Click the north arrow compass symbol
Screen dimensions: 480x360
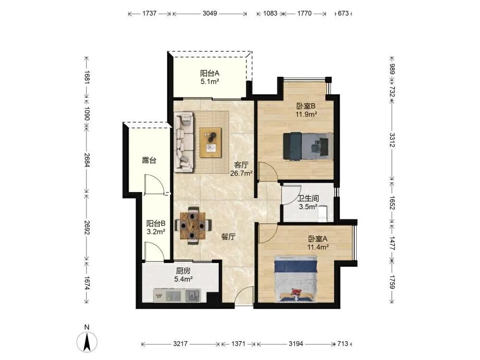(87, 341)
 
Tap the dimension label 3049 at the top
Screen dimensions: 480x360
(210, 13)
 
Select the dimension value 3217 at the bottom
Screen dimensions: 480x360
(180, 344)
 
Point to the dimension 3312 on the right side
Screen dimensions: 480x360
(392, 140)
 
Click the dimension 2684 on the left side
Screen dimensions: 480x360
(87, 160)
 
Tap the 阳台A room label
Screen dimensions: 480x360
(210, 73)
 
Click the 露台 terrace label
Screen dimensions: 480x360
(149, 160)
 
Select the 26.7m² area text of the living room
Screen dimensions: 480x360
(241, 173)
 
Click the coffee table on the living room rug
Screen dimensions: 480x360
(210, 143)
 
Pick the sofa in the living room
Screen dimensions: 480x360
(184, 142)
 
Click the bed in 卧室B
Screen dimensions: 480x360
(308, 146)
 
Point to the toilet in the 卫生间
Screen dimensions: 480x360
(323, 213)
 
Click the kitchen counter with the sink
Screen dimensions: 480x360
(177, 295)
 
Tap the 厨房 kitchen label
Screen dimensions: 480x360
(183, 271)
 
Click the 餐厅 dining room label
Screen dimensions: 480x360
(228, 237)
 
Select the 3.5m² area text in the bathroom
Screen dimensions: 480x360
(308, 206)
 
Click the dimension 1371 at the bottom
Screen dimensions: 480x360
(238, 344)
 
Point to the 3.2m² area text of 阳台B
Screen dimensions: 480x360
(156, 232)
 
